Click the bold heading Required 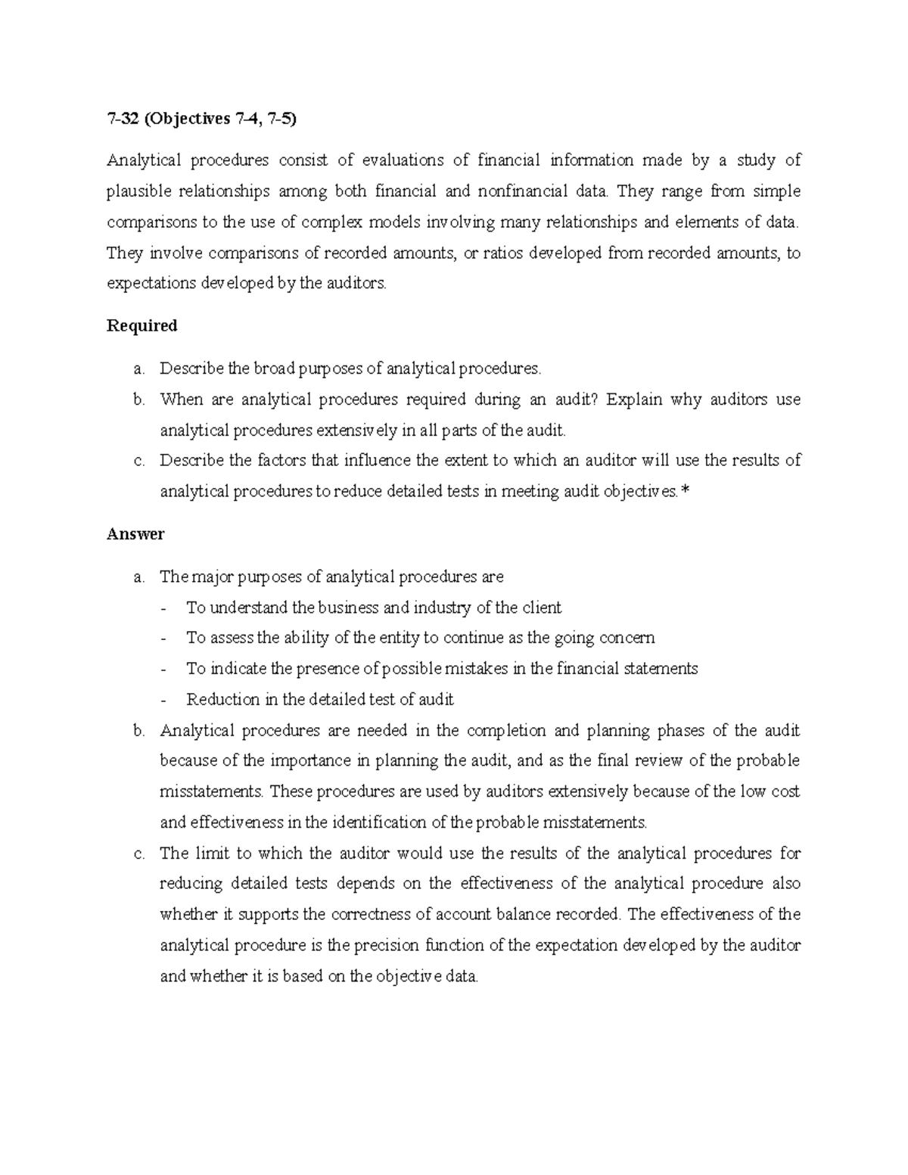click(141, 325)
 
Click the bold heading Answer click(135, 534)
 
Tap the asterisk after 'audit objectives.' click(686, 491)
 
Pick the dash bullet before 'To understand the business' click(164, 608)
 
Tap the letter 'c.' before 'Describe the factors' click(138, 461)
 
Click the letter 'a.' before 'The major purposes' click(138, 577)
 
